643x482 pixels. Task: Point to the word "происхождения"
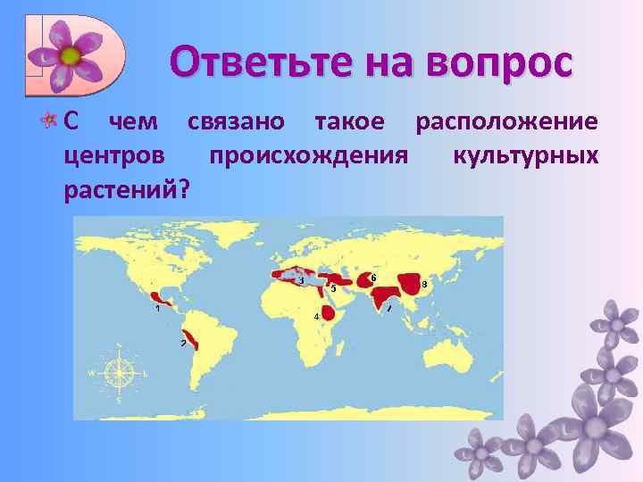point(308,155)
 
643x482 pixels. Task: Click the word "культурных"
point(525,155)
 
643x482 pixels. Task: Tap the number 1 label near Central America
point(157,309)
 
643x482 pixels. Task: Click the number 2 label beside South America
point(183,344)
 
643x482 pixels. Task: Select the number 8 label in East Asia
point(424,285)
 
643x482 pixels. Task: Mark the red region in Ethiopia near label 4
point(328,312)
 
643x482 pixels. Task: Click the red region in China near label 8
point(412,284)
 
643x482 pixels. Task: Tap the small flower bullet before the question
point(54,121)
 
